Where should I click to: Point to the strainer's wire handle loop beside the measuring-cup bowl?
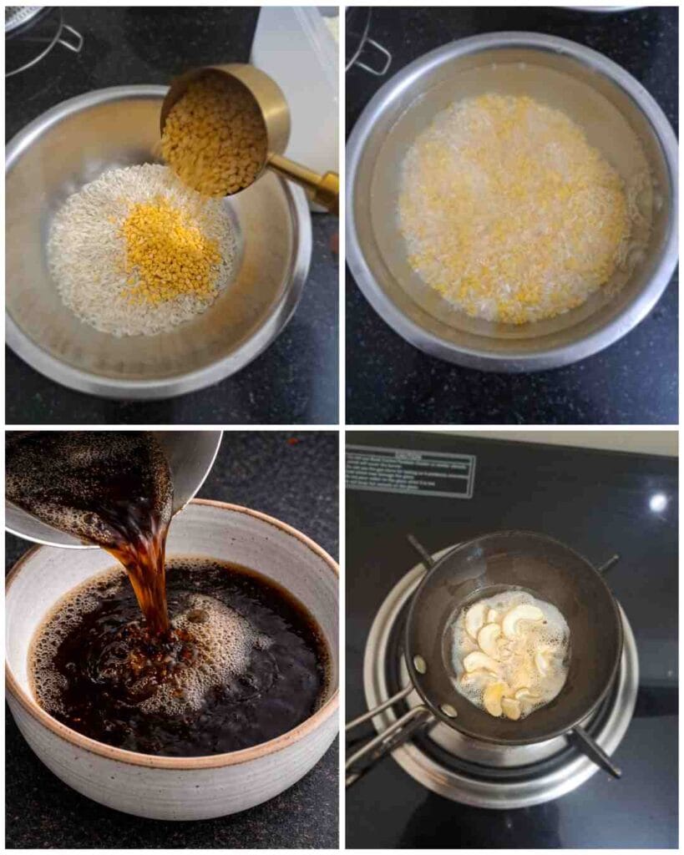(67, 38)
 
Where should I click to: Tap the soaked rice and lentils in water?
(511, 209)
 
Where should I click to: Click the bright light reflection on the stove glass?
(659, 502)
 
